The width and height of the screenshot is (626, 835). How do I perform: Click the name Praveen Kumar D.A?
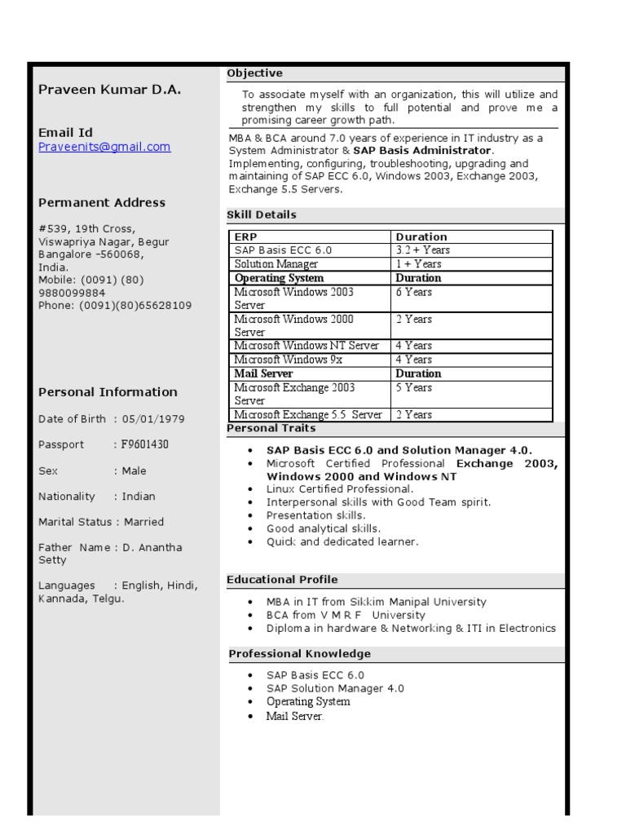point(109,90)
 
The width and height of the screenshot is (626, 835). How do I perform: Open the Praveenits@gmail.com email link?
point(104,147)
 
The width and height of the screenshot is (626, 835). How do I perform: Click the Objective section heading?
point(255,73)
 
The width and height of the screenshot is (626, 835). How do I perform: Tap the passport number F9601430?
point(145,444)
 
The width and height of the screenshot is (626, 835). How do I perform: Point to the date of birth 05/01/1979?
point(153,419)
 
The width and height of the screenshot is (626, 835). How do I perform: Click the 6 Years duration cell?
point(414,292)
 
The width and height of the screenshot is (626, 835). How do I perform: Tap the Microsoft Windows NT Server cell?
point(306,346)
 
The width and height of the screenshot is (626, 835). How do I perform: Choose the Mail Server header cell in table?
point(263,373)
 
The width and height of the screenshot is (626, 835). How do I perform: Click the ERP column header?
point(245,236)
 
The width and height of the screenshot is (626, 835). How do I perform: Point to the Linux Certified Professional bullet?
point(340,488)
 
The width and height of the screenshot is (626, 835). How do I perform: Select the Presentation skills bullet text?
point(315,515)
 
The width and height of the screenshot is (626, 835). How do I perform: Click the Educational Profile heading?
point(282,580)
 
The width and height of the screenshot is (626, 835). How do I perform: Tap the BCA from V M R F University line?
point(346,615)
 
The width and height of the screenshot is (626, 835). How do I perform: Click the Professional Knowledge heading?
point(299,654)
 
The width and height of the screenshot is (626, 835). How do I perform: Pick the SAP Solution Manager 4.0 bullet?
point(335,688)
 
